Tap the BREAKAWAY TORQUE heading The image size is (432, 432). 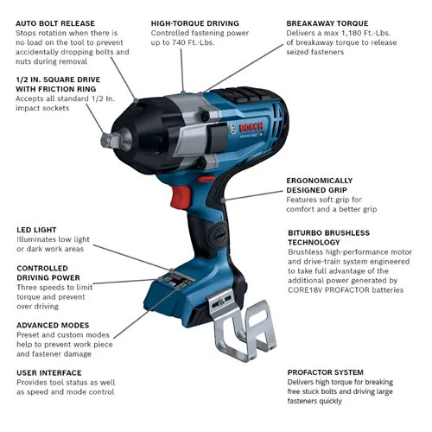327,23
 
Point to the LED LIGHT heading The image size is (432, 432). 39,230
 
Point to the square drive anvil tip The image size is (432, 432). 106,138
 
